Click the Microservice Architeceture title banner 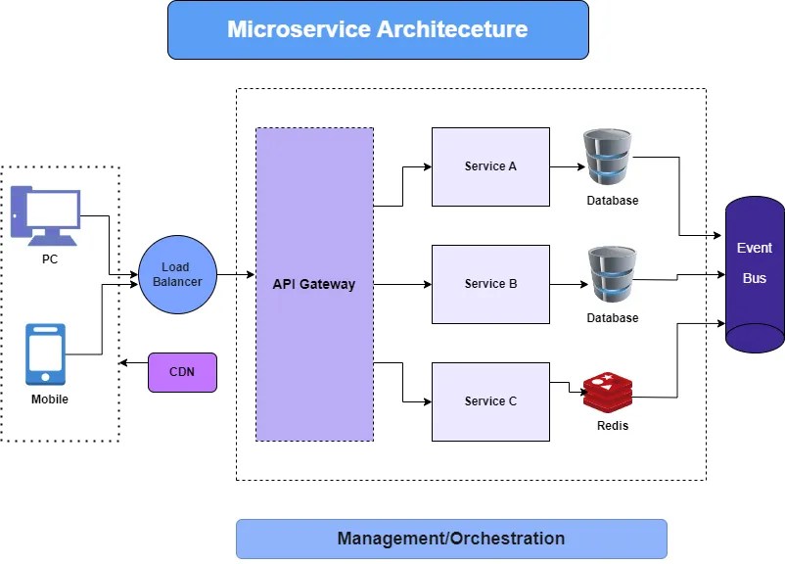(x=378, y=29)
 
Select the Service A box (x=490, y=166)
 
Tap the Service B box (x=490, y=284)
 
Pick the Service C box (x=490, y=401)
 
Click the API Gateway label (x=313, y=285)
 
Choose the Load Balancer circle (x=177, y=274)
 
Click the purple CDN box (x=182, y=372)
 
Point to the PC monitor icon (x=45, y=214)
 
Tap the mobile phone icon (x=46, y=354)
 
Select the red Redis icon (x=608, y=392)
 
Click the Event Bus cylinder (x=754, y=274)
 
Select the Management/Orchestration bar (x=451, y=539)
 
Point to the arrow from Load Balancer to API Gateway (x=235, y=275)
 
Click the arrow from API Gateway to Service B (x=402, y=285)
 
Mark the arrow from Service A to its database (x=568, y=166)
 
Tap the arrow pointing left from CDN (x=132, y=363)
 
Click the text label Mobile (x=49, y=399)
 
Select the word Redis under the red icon (x=612, y=426)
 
